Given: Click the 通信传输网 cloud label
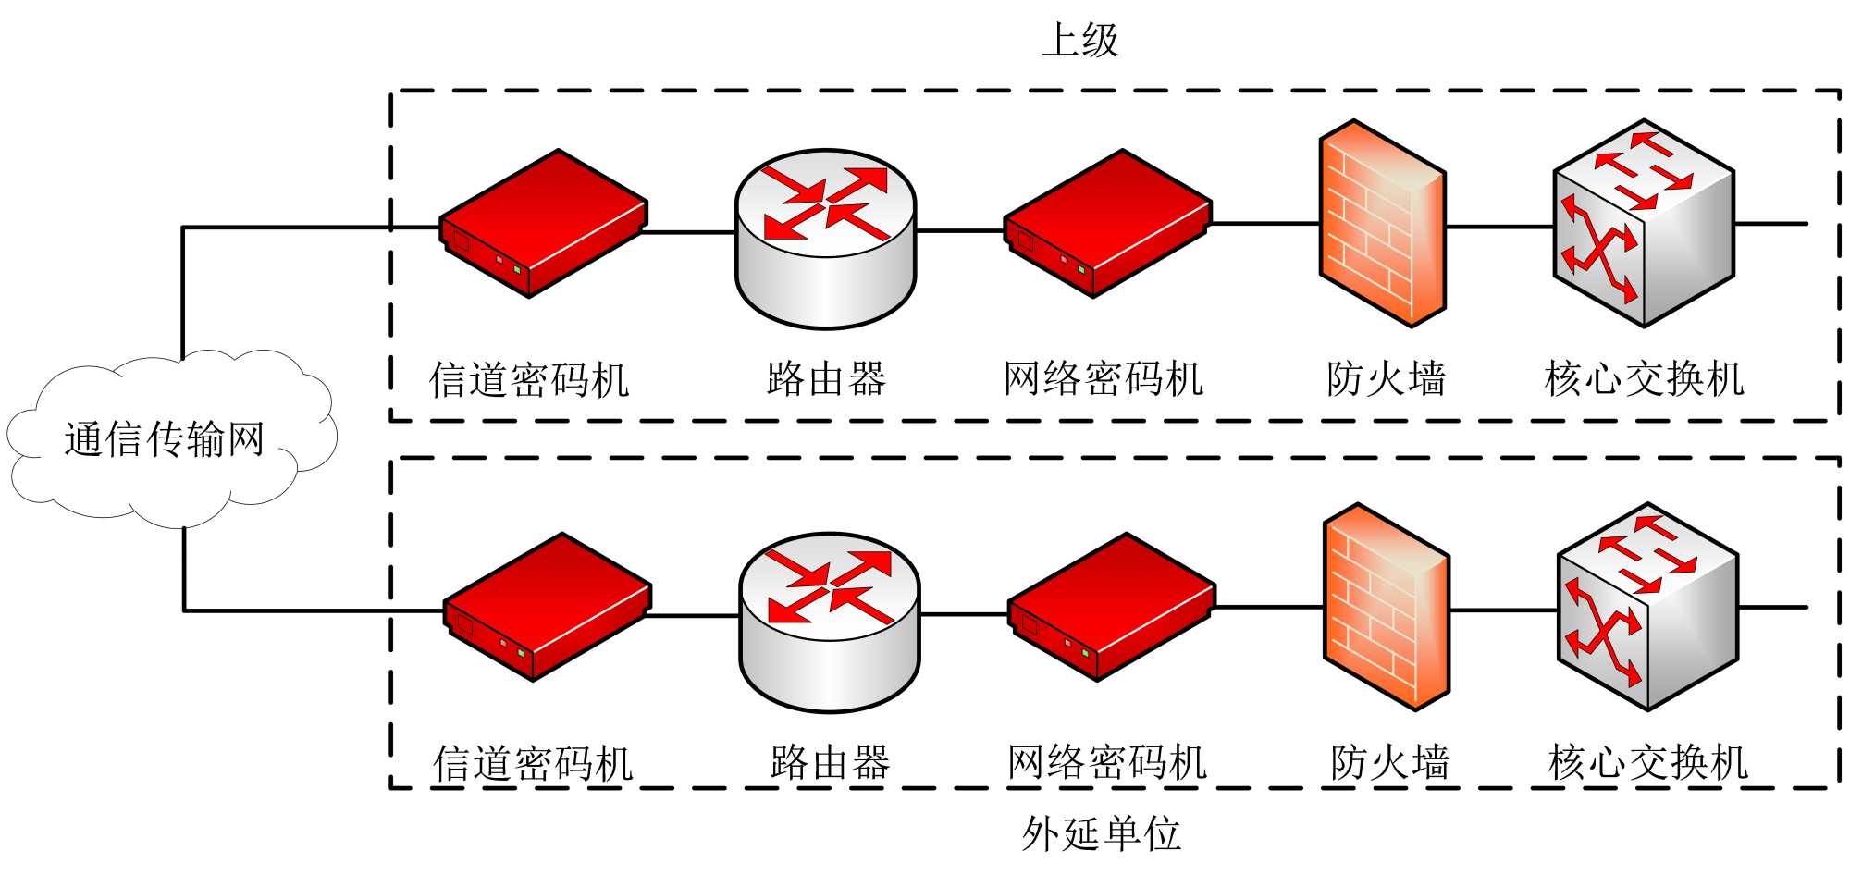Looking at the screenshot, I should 165,439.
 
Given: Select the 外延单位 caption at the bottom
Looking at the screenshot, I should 1101,833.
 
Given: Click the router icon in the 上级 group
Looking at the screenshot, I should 825,238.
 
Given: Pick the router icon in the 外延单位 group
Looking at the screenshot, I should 830,622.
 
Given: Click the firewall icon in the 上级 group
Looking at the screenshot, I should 1382,224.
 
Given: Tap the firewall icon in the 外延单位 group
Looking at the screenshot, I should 1387,608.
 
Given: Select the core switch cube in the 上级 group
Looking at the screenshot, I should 1644,223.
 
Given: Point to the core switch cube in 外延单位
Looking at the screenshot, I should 1647,607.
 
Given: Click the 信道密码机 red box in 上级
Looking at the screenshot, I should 542,223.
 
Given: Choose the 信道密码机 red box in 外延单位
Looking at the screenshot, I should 547,607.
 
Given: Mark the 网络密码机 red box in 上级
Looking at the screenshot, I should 1107,223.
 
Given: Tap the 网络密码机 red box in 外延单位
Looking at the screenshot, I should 1111,607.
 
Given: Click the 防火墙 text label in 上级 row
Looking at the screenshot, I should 1386,379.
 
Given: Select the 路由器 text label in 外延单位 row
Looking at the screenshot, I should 830,763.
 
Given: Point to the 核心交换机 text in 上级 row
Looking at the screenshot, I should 1644,379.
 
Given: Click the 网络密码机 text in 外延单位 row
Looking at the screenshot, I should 1107,763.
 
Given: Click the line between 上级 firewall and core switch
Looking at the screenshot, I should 1499,226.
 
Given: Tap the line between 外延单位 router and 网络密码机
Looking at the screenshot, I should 964,613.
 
